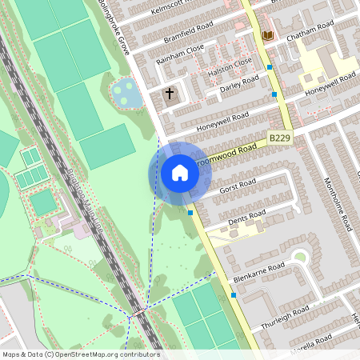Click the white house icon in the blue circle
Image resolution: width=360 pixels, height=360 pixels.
click(179, 173)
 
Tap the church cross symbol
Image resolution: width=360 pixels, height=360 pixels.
click(170, 94)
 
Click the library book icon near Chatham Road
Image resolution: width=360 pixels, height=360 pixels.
click(267, 35)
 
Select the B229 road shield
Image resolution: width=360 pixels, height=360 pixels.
click(279, 138)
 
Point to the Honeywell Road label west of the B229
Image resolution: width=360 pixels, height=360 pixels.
click(222, 121)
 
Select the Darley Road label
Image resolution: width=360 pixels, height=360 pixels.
click(239, 84)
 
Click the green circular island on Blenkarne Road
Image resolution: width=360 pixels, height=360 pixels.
click(300, 258)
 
